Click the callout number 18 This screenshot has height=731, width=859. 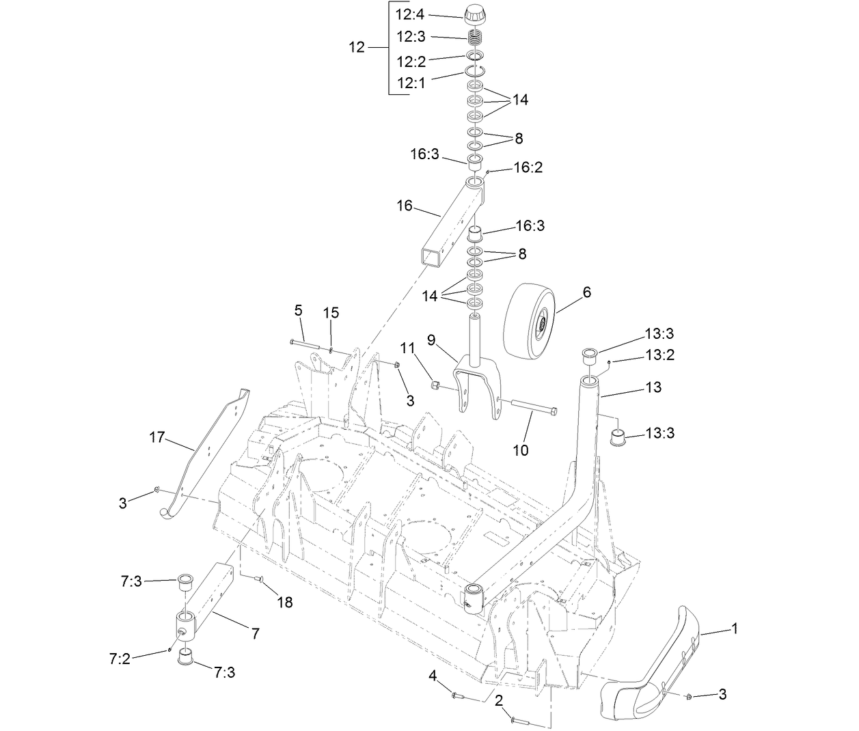click(x=284, y=602)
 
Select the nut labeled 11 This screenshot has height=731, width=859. click(x=435, y=387)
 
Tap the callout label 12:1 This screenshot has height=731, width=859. click(x=411, y=83)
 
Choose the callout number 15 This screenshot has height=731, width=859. click(x=331, y=312)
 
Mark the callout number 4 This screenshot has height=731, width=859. click(x=432, y=676)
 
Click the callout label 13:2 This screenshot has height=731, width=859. click(x=660, y=355)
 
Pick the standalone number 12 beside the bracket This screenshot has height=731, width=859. click(x=357, y=47)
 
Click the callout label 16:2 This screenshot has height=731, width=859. click(x=528, y=167)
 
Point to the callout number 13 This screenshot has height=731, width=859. click(x=653, y=387)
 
